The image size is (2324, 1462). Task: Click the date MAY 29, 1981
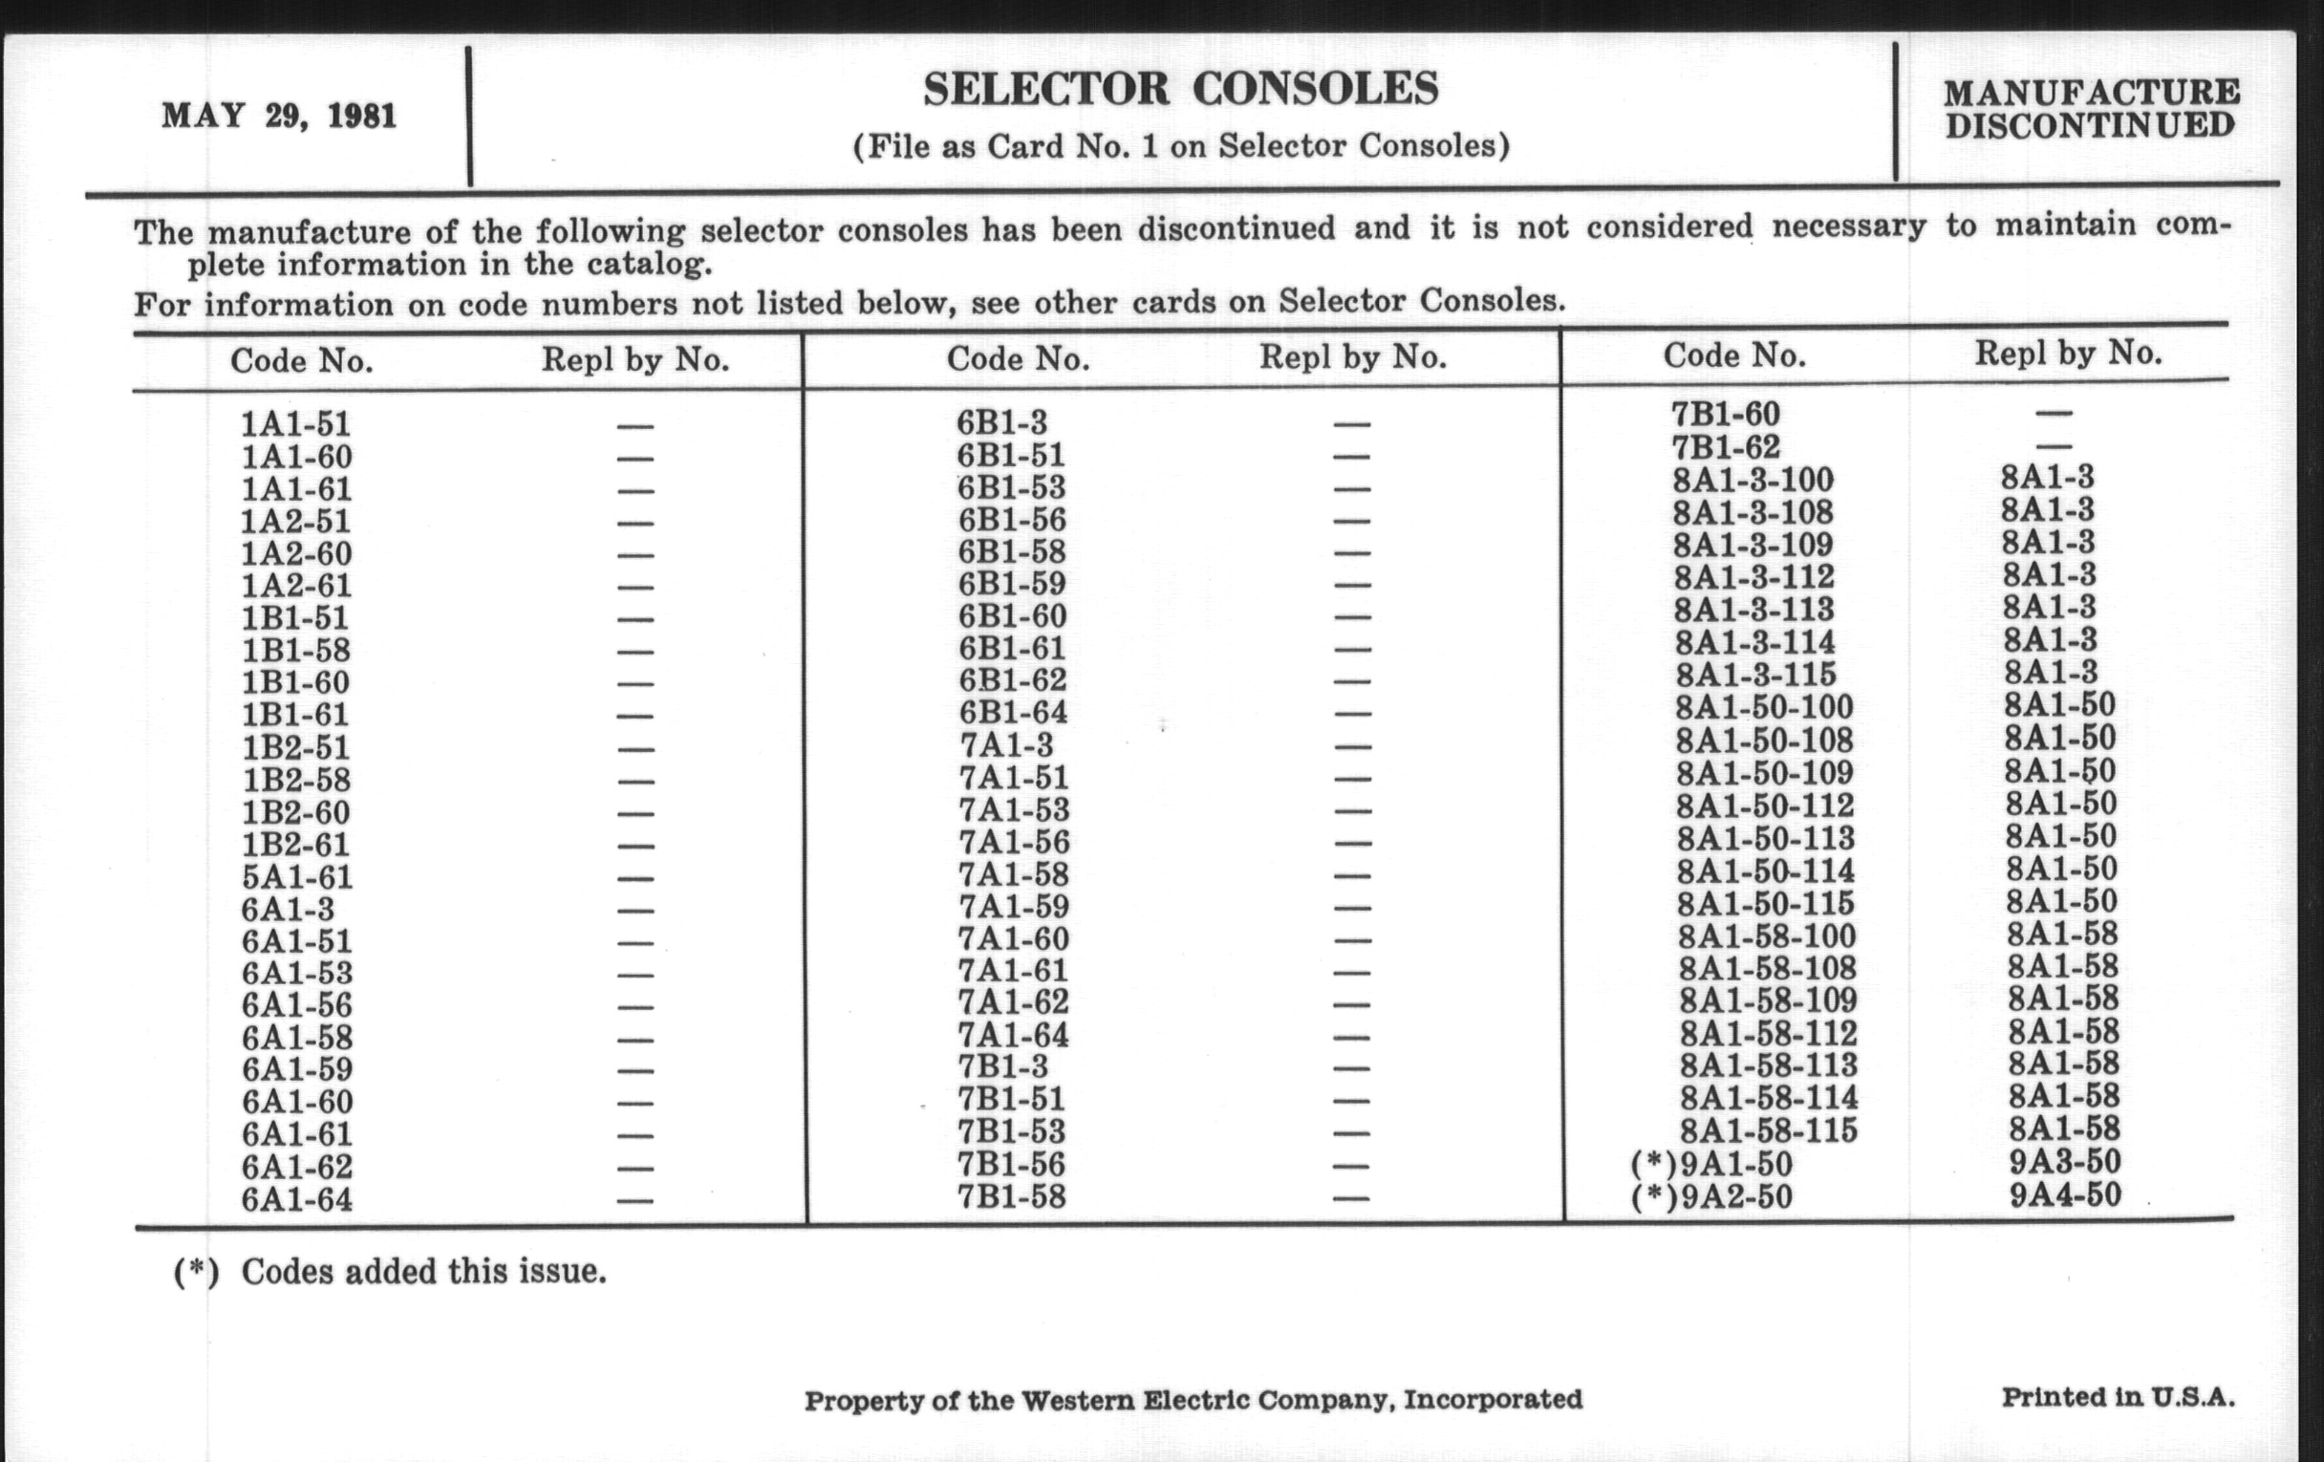(279, 117)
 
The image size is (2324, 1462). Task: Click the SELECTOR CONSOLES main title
(1180, 90)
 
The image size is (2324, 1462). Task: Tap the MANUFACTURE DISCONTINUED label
(2091, 109)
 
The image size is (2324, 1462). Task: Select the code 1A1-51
(295, 424)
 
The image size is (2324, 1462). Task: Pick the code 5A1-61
(296, 877)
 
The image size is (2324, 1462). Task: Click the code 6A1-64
(296, 1200)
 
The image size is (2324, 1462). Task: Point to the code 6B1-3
(1001, 422)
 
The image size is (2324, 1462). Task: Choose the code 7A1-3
(1005, 745)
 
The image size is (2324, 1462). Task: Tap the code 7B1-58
(1011, 1197)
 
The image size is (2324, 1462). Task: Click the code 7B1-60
(1726, 414)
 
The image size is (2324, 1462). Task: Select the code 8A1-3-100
(1753, 480)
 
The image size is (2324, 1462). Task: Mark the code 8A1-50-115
(1765, 904)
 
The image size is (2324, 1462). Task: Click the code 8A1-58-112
(1768, 1034)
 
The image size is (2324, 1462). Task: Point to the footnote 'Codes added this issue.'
(423, 1272)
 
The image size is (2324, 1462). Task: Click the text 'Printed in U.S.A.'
(2118, 1397)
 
